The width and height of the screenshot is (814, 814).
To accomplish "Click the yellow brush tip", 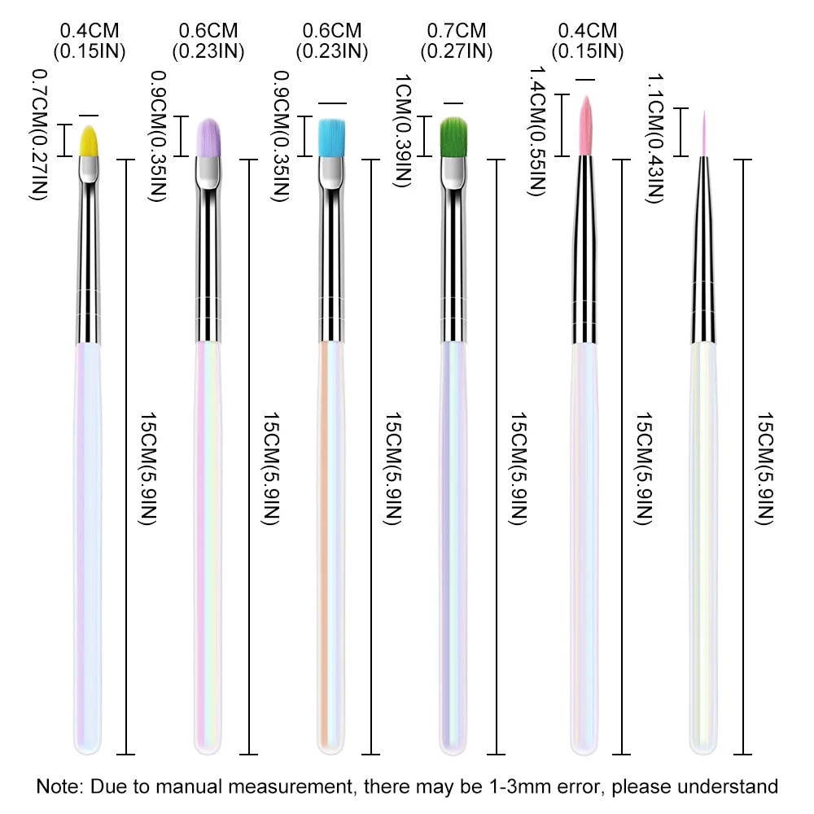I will click(x=90, y=140).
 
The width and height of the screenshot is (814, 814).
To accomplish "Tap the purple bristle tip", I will click(x=210, y=137).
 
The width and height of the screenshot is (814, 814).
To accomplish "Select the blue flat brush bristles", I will click(x=330, y=137).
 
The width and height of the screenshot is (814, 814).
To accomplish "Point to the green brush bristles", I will click(x=453, y=138).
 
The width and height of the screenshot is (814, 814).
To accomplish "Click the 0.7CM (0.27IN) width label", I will click(x=456, y=41).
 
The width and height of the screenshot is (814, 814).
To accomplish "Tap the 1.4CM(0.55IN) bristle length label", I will click(x=536, y=131).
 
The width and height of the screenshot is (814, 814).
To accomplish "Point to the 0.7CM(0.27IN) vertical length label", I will click(x=37, y=134).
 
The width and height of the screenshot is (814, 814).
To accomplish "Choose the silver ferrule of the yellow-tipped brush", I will click(x=90, y=260).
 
